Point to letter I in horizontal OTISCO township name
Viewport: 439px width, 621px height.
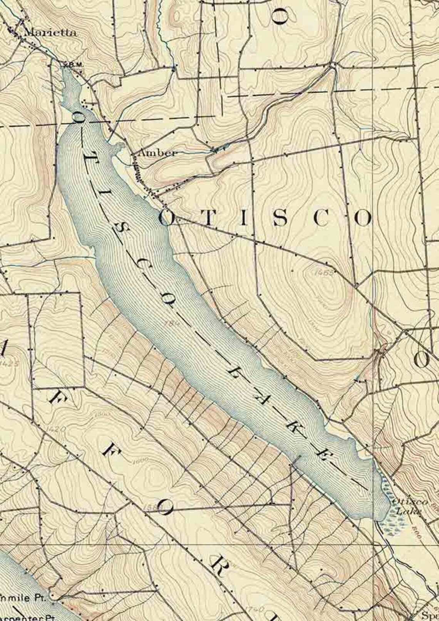tap(243, 219)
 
